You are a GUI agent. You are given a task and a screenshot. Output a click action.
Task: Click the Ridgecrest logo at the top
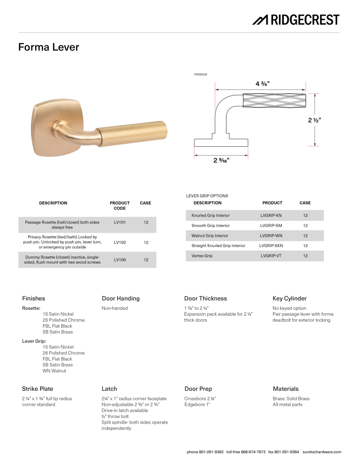pos(296,20)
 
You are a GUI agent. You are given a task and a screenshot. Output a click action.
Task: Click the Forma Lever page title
pos(48,47)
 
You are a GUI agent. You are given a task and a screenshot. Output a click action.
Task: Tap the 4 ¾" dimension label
pos(263,84)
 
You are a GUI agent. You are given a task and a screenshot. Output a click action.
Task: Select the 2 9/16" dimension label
pos(222,160)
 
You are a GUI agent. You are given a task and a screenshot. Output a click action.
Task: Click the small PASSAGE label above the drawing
pos(200,74)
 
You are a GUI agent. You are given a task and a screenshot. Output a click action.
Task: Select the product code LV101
pos(120,223)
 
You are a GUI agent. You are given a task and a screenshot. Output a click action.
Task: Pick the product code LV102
pos(120,243)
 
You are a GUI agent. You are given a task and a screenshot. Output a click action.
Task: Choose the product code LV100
pos(120,259)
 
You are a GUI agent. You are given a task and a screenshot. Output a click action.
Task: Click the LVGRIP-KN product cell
pos(270,215)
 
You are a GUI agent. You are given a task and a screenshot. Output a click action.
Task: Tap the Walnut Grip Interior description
pos(210,236)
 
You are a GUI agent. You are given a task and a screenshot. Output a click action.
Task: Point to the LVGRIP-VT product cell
pos(270,256)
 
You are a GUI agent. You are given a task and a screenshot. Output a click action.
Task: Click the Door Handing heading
pos(121,298)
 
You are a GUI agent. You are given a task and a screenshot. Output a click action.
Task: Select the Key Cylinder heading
pos(289,298)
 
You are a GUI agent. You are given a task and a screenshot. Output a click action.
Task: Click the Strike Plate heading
pos(38,389)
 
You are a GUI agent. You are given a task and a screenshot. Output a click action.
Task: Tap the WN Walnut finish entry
pos(54,371)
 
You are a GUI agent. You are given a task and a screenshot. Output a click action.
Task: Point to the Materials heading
pos(285,389)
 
